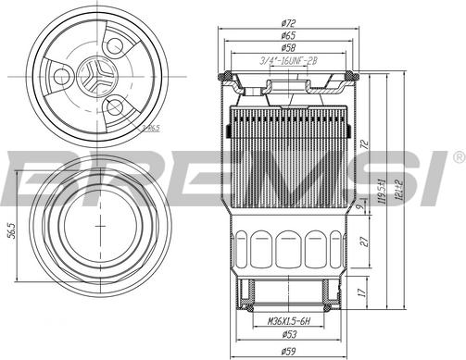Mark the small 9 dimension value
tap(359, 207)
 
